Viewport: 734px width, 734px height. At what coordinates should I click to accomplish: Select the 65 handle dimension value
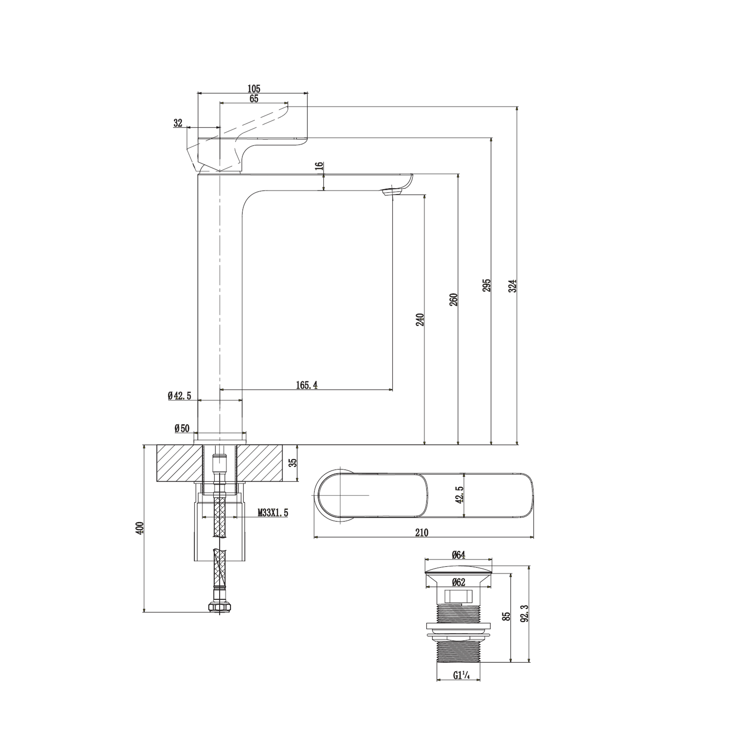click(254, 98)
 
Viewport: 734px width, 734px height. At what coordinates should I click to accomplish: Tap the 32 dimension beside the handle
click(178, 123)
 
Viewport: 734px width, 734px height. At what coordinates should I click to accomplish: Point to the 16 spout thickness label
click(319, 166)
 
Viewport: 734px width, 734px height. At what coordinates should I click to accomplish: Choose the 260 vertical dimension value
click(454, 299)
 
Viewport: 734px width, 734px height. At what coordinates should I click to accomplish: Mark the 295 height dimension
click(487, 285)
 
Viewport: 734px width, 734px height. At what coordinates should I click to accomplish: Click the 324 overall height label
click(513, 286)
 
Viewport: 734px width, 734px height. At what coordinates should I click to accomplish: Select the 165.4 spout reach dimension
click(307, 385)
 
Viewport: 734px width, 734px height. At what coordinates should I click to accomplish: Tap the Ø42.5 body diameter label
click(179, 395)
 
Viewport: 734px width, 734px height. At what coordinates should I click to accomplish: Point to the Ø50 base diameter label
click(182, 429)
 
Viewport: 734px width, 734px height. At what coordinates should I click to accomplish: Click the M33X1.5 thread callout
click(273, 513)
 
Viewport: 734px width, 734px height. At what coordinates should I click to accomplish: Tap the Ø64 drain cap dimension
click(458, 555)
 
